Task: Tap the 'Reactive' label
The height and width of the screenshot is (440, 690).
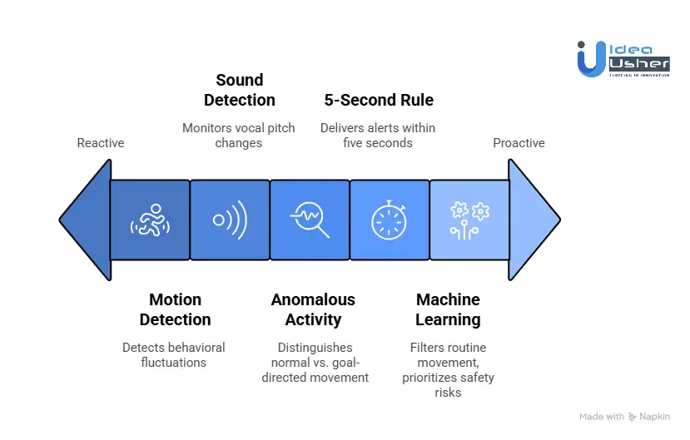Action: pyautogui.click(x=101, y=143)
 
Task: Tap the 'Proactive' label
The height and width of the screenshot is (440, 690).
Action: pyautogui.click(x=519, y=143)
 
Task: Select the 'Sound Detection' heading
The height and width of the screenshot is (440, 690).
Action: pyautogui.click(x=240, y=90)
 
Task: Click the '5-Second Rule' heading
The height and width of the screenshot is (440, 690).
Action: pyautogui.click(x=379, y=100)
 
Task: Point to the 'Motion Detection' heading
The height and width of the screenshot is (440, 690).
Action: pyautogui.click(x=175, y=309)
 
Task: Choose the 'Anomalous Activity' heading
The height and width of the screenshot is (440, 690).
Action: pyautogui.click(x=313, y=309)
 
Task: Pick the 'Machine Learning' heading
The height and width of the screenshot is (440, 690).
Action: pyautogui.click(x=448, y=309)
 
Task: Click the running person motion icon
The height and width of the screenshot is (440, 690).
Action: pyautogui.click(x=150, y=220)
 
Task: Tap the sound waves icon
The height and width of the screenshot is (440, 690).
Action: pyautogui.click(x=230, y=220)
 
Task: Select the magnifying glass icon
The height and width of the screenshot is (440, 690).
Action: pyautogui.click(x=310, y=220)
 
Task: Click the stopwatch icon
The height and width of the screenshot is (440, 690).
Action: pyautogui.click(x=389, y=220)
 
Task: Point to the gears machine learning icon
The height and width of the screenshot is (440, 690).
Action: pyautogui.click(x=469, y=220)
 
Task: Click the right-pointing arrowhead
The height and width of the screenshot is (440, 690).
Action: pyautogui.click(x=534, y=220)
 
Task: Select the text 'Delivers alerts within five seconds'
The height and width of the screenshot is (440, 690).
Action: pyautogui.click(x=378, y=136)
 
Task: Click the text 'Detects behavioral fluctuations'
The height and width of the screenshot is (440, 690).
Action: pyautogui.click(x=174, y=355)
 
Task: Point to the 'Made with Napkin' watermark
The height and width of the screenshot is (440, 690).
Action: pyautogui.click(x=624, y=416)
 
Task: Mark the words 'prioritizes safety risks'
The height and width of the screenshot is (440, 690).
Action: pyautogui.click(x=448, y=384)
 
